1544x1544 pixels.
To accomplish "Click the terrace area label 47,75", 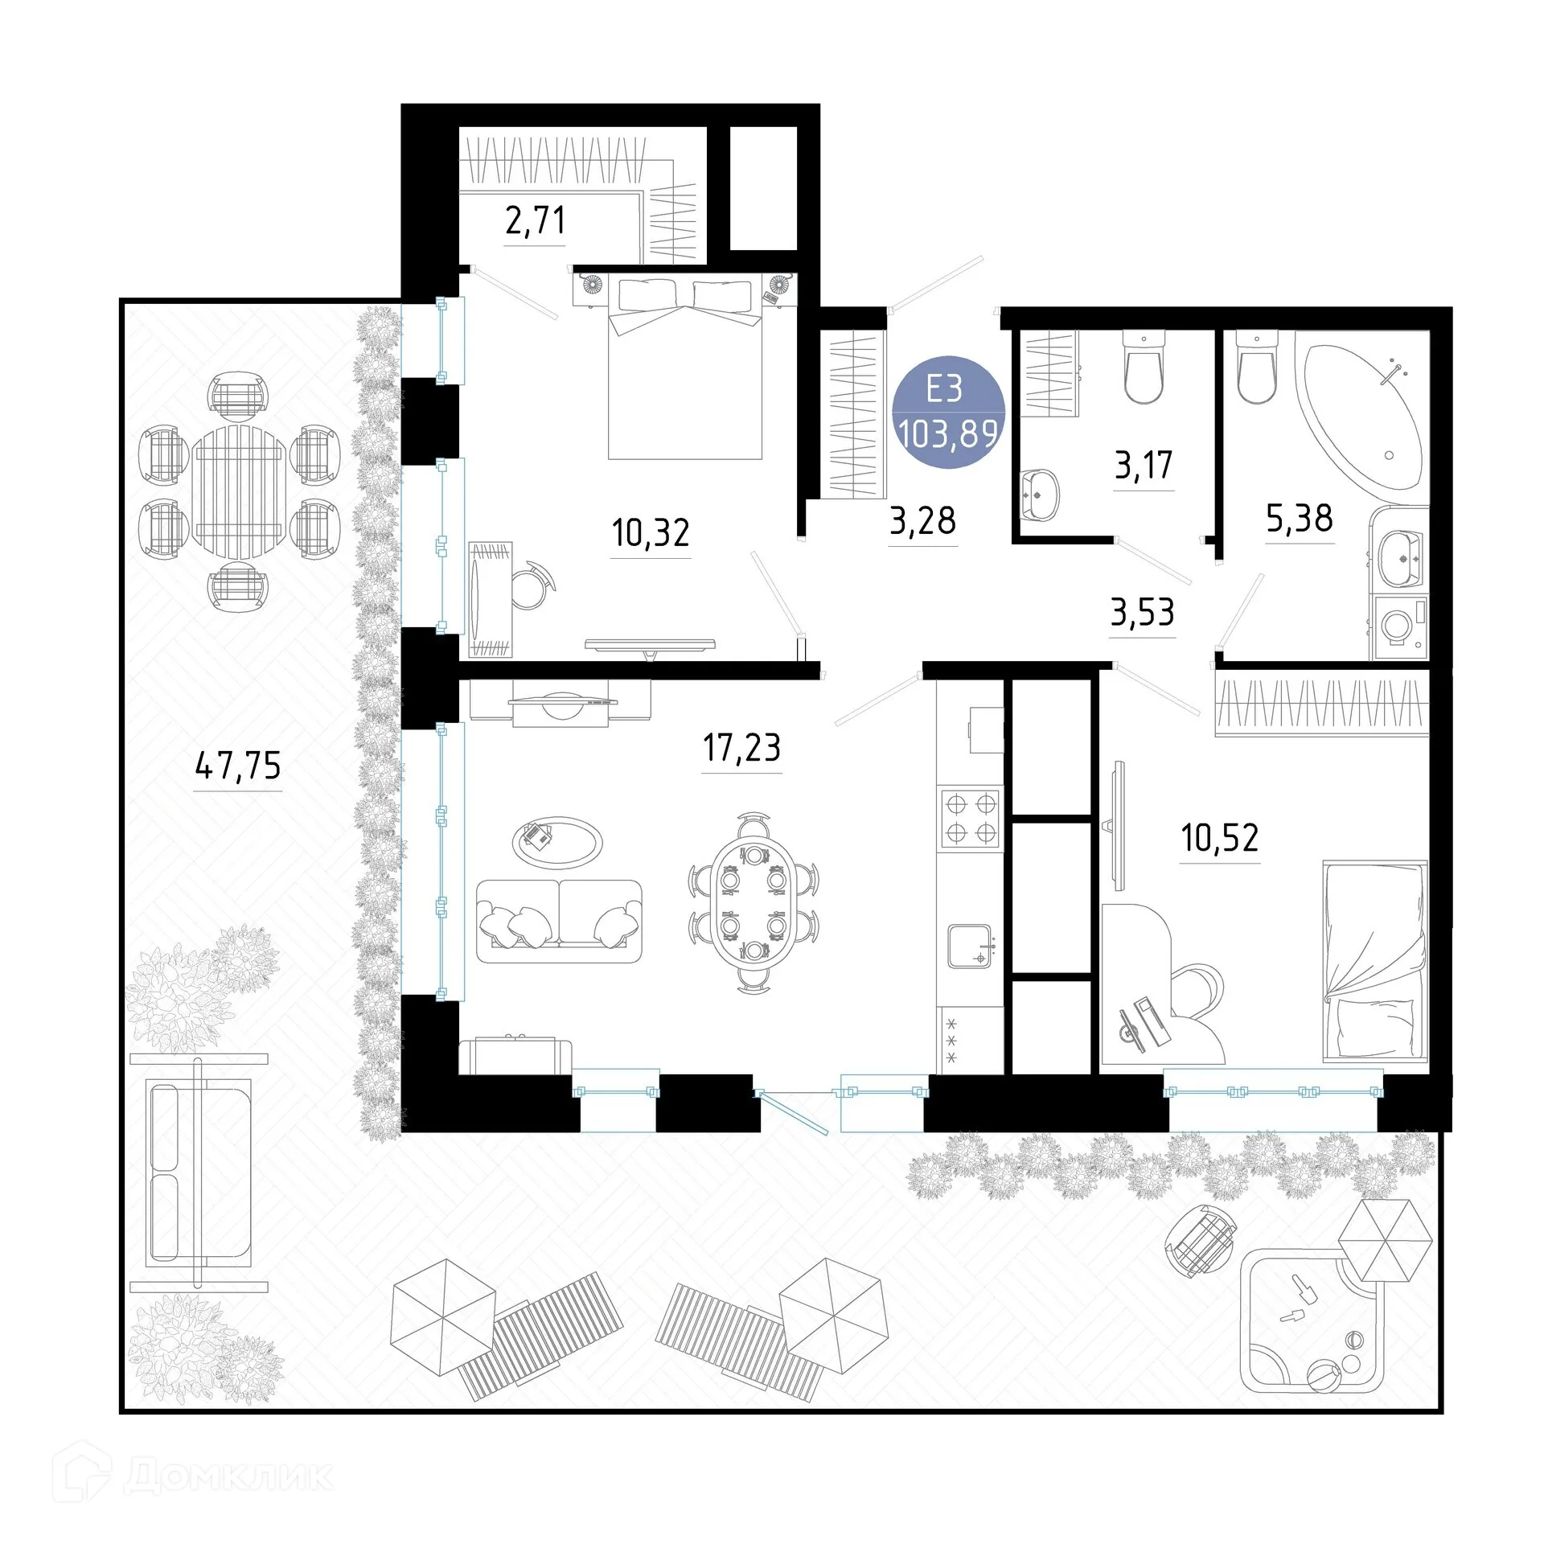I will coord(238,766).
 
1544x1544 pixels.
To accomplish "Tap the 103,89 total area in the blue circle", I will coord(949,435).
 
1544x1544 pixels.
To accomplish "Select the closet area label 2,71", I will coord(535,220).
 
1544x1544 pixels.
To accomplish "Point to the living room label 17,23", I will coord(741,748).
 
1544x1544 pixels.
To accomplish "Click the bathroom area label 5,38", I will coord(1300,519).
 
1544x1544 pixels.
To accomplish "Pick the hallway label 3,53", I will coord(1142,613).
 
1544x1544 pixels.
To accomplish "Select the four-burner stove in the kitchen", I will coord(971,819).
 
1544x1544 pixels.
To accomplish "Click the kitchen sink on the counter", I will coord(971,946).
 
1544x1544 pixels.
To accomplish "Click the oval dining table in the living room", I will coord(753,902).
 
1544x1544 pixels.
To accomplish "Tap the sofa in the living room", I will coord(559,921).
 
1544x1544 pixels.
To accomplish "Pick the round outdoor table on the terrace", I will coord(239,492).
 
